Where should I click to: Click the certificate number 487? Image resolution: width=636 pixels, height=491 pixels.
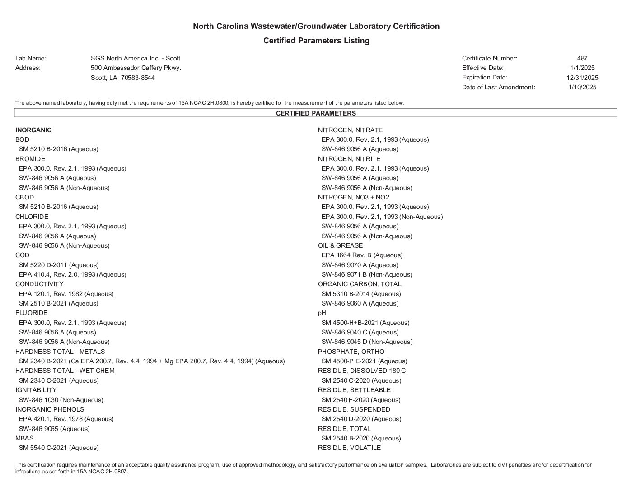[x=582, y=58]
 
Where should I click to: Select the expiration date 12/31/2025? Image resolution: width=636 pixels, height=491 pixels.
[x=582, y=78]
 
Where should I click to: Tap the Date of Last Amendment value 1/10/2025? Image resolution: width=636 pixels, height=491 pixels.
[x=582, y=87]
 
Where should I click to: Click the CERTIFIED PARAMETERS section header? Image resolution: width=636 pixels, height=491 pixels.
[x=316, y=113]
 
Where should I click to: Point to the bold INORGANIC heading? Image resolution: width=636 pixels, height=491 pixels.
[x=33, y=130]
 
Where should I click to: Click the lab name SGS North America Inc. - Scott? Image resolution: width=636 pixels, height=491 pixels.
[x=136, y=58]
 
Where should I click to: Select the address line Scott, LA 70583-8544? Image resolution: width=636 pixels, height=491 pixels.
[x=122, y=78]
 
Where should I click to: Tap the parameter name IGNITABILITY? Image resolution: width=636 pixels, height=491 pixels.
[x=36, y=390]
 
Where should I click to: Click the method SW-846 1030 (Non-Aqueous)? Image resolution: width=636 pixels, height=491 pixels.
[x=61, y=400]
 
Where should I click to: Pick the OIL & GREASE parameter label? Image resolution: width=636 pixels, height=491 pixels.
[x=340, y=245]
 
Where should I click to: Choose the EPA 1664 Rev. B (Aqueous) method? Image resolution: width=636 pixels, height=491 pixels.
[x=362, y=255]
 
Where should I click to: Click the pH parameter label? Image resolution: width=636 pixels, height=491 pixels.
[x=322, y=313]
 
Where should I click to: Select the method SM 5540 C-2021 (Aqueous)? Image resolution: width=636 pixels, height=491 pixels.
[x=59, y=448]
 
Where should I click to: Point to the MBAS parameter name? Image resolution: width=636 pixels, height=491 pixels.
[x=24, y=438]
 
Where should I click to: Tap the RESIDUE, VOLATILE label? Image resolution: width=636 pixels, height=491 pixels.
[x=349, y=448]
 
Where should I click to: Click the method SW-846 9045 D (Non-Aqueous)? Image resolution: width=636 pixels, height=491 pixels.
[x=367, y=342]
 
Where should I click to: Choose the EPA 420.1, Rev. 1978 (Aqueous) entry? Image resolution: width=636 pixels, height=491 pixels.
[x=66, y=419]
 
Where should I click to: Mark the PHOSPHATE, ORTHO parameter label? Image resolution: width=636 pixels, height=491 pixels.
[x=351, y=352]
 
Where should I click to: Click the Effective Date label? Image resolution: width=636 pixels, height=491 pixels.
[x=483, y=68]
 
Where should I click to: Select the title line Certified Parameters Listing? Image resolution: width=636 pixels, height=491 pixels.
[x=316, y=41]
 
